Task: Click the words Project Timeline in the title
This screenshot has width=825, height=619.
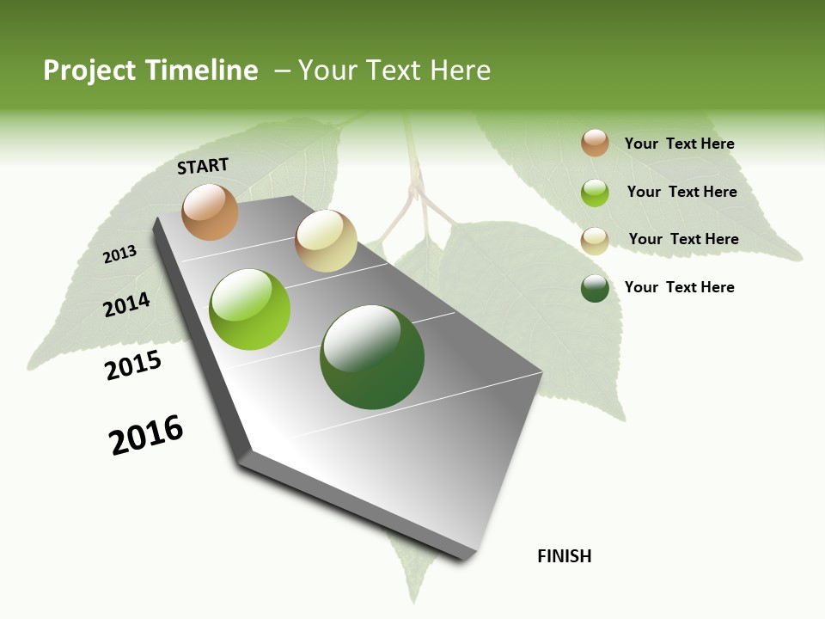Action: (150, 70)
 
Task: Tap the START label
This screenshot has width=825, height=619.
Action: (203, 166)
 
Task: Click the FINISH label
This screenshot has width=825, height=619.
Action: (565, 556)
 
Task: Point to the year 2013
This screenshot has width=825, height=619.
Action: (120, 254)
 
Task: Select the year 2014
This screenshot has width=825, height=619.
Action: (127, 304)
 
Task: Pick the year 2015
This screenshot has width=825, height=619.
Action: (133, 365)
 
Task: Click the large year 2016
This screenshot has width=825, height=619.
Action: (146, 435)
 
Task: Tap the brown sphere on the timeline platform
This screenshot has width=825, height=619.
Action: (211, 211)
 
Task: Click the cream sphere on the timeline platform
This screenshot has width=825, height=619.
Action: (326, 241)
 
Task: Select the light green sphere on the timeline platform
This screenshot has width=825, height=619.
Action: (250, 309)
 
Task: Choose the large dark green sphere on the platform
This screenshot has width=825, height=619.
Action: (372, 357)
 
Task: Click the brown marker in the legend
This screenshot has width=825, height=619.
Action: (595, 143)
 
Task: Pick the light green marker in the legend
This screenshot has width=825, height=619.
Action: (595, 193)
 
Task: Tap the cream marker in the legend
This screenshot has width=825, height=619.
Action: (595, 241)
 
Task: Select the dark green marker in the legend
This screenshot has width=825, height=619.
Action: (595, 288)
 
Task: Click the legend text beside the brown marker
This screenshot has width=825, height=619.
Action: (679, 144)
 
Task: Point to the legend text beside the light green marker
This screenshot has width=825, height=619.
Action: (681, 192)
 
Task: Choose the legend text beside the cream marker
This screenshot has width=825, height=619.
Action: (683, 239)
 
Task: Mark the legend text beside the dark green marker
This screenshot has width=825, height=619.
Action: (679, 287)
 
